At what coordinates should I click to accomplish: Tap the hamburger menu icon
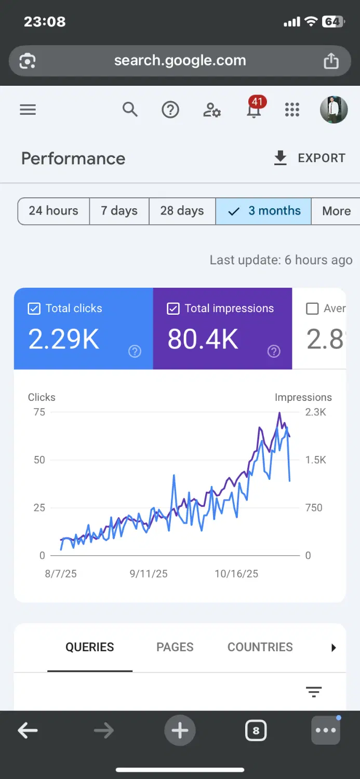[x=28, y=110]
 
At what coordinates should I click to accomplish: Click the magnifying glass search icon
[x=130, y=110]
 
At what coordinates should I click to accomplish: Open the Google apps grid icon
[x=292, y=110]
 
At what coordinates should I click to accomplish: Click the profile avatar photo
[x=334, y=110]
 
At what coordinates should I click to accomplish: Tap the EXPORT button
[x=310, y=158]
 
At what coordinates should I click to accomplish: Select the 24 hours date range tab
[x=54, y=211]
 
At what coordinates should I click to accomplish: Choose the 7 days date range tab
[x=119, y=211]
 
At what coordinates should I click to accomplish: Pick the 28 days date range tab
[x=182, y=211]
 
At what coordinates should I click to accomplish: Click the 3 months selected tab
[x=263, y=211]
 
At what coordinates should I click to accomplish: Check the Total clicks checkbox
[x=34, y=308]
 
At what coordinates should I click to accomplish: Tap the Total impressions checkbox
[x=173, y=308]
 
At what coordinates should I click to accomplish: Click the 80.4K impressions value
[x=203, y=339]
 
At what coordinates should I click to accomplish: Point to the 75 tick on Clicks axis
[x=39, y=412]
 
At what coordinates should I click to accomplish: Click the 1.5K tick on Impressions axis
[x=315, y=460]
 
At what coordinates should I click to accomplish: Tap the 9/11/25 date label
[x=149, y=573]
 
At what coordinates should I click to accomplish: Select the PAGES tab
[x=175, y=647]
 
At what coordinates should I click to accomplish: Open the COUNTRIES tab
[x=260, y=647]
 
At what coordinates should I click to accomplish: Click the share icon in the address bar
[x=331, y=61]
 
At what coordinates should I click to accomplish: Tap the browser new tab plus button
[x=180, y=730]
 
